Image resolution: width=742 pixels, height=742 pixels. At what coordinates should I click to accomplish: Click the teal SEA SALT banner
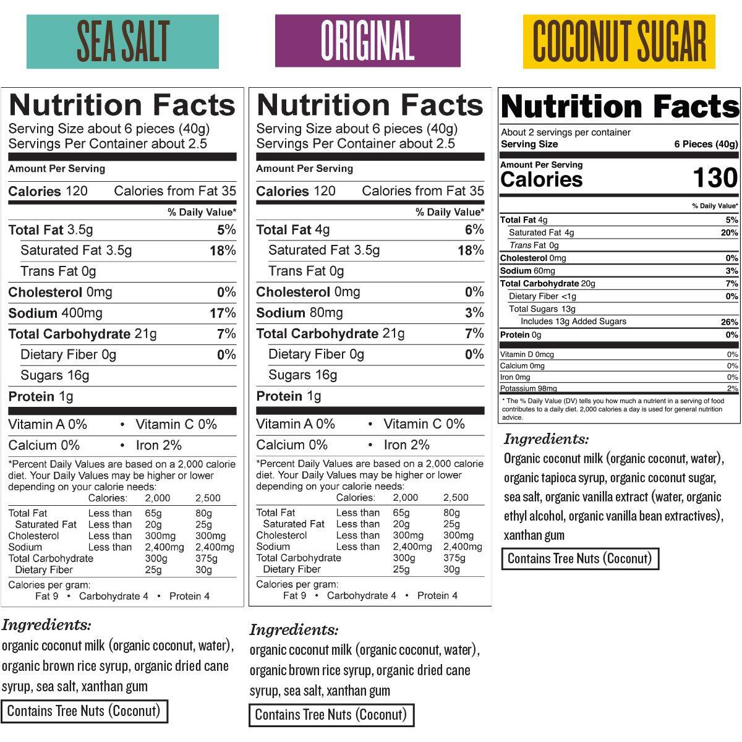(122, 41)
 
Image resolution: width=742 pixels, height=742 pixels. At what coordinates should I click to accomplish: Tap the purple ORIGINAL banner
(367, 41)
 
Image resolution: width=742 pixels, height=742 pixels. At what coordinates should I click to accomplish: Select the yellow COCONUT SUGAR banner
(619, 41)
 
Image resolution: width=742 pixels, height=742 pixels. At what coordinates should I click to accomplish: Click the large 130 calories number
(715, 178)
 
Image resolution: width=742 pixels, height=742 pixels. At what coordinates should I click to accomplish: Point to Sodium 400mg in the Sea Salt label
(56, 313)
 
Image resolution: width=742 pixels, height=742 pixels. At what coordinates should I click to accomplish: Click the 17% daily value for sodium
(223, 313)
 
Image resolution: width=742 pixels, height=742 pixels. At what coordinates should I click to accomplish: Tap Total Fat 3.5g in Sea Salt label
(51, 230)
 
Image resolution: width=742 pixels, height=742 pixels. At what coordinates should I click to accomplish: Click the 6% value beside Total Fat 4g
(474, 230)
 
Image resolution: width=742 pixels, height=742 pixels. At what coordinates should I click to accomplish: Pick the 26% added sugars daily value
(729, 322)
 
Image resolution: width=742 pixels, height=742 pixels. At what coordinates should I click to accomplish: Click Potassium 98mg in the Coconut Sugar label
(529, 388)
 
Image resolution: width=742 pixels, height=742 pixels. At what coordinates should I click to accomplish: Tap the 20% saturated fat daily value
(729, 233)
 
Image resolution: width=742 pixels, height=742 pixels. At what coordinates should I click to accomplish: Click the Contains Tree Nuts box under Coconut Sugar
(580, 559)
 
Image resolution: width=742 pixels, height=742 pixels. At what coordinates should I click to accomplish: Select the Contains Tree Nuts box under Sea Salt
(83, 711)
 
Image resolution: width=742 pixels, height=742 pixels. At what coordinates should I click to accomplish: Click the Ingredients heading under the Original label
(294, 630)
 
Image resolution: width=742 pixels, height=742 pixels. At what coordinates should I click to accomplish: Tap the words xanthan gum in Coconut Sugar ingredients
(534, 535)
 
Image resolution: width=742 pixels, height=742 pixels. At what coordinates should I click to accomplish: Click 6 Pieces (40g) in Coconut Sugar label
(706, 144)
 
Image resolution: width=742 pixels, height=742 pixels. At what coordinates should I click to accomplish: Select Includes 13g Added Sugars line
(573, 322)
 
